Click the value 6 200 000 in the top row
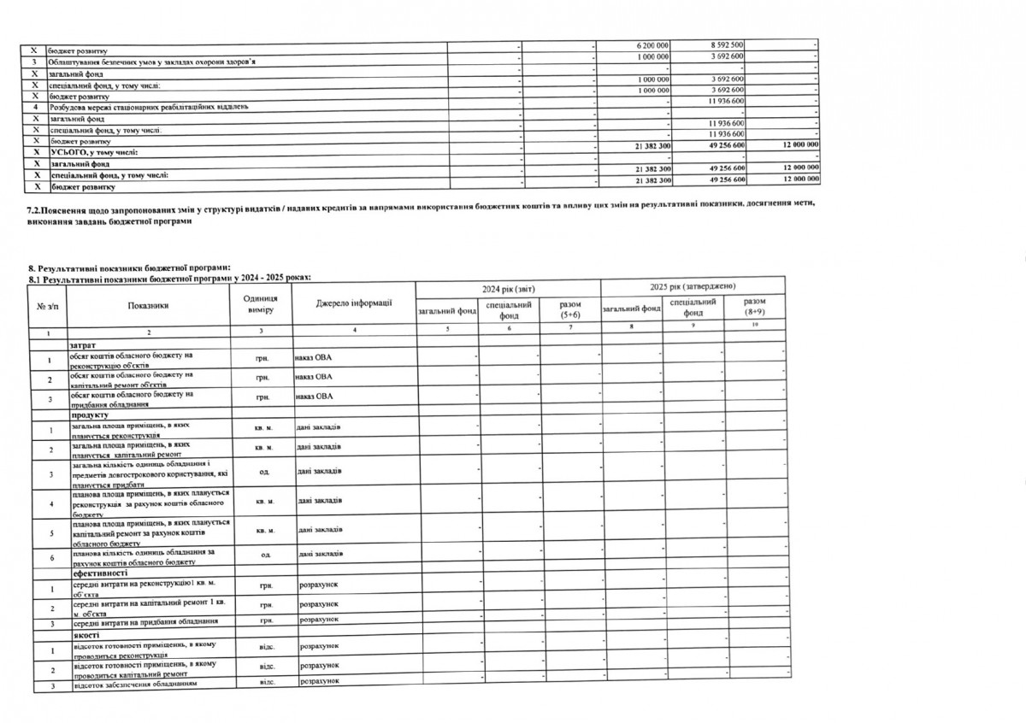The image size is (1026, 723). pyautogui.click(x=653, y=44)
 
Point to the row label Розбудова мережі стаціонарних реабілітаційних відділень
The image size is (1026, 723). pyautogui.click(x=148, y=108)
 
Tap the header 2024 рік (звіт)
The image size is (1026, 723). pyautogui.click(x=508, y=289)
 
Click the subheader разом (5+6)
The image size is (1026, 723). pyautogui.click(x=569, y=309)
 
